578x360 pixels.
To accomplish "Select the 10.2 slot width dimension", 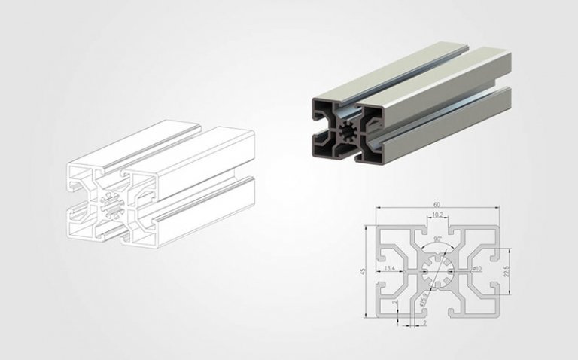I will (437, 215).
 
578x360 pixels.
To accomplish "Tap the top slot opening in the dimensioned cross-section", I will (437, 227).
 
